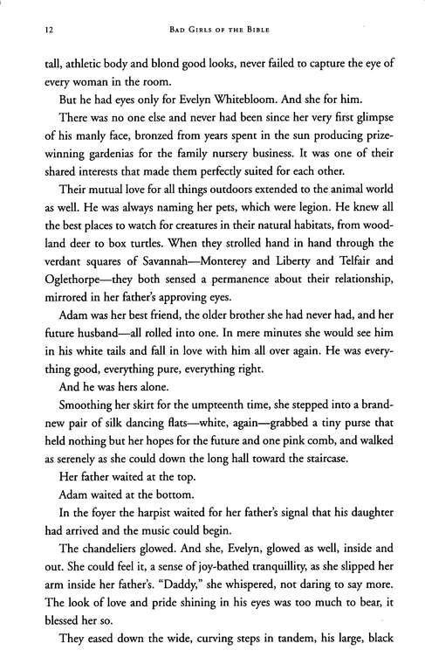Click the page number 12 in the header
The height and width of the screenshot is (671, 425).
(34, 31)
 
